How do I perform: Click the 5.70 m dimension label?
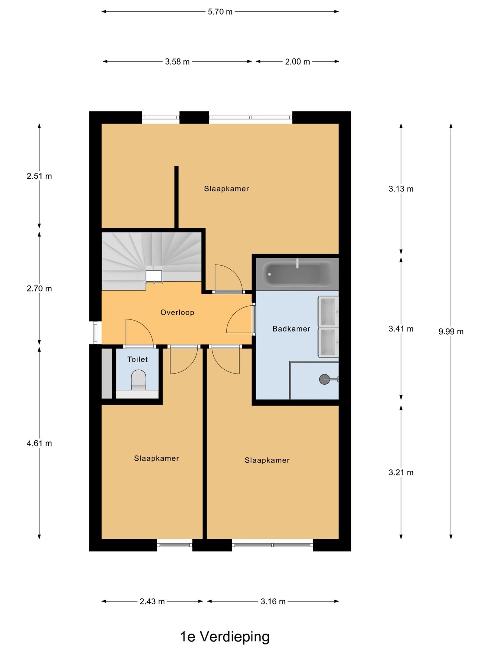click(x=220, y=12)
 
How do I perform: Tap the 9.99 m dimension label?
click(x=451, y=332)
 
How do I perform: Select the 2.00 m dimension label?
click(x=297, y=62)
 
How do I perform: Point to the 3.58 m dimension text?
click(x=177, y=62)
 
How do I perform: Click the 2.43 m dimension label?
click(x=152, y=602)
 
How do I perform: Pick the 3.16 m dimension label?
click(x=273, y=602)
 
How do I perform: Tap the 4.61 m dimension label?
click(x=39, y=443)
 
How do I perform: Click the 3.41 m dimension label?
click(x=401, y=329)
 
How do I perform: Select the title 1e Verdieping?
click(x=225, y=637)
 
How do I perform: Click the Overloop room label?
click(x=177, y=313)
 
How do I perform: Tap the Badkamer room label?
click(x=291, y=329)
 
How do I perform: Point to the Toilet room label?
click(x=137, y=359)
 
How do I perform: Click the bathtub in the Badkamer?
click(x=297, y=274)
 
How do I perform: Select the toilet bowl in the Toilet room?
click(x=138, y=380)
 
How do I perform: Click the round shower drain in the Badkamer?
click(x=324, y=379)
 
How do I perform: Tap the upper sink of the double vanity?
click(x=328, y=312)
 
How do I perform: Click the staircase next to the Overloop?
click(x=151, y=261)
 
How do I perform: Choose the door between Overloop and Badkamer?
click(x=240, y=319)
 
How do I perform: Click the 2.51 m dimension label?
click(x=39, y=176)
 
